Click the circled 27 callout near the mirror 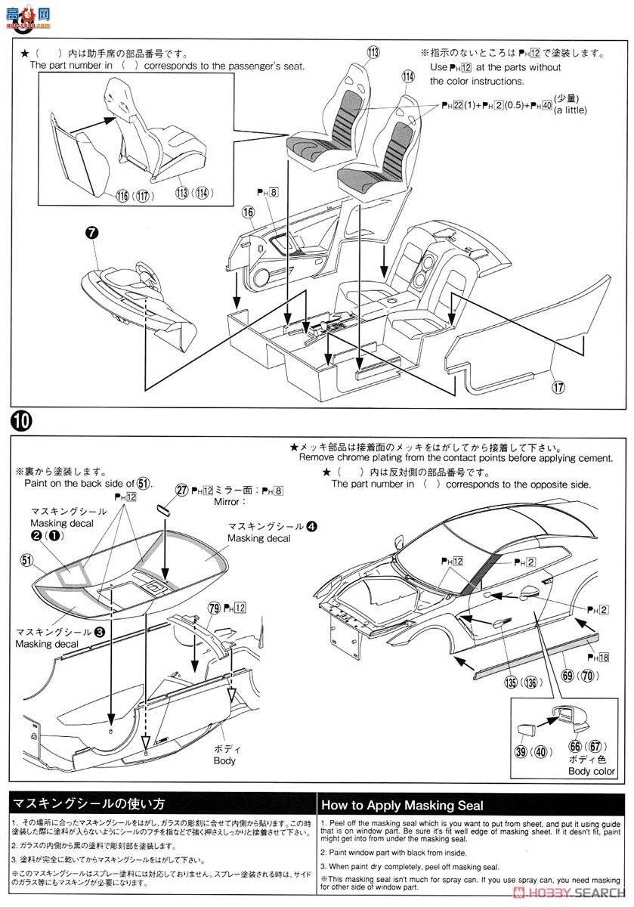tap(181, 490)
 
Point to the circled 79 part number tap(214, 608)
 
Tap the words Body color tap(592, 771)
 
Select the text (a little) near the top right tap(570, 110)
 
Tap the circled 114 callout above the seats tap(408, 76)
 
